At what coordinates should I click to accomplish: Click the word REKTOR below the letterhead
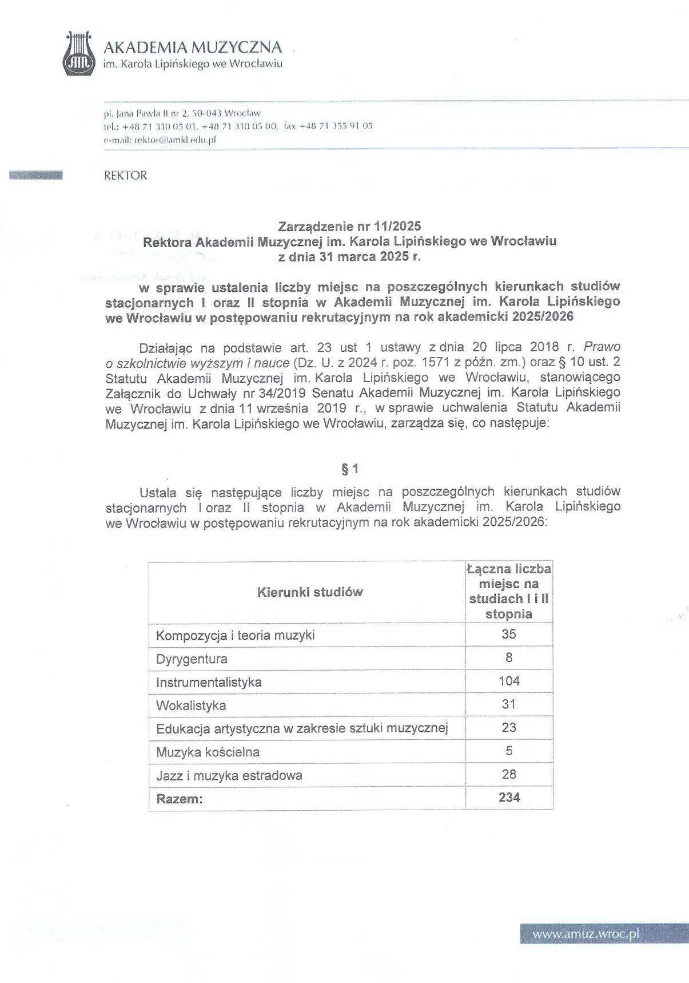coord(125,176)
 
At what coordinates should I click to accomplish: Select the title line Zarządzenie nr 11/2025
coord(349,227)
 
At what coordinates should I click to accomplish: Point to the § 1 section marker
coord(349,469)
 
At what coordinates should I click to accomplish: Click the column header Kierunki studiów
coord(310,592)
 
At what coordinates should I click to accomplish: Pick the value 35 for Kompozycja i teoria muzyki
coord(509,634)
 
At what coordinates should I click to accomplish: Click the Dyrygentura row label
coord(192,659)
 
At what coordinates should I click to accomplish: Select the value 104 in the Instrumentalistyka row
coord(509,681)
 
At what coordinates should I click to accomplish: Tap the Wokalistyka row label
coord(191,705)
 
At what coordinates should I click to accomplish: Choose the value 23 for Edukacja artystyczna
coord(509,727)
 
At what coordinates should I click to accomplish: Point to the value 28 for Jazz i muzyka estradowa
coord(509,774)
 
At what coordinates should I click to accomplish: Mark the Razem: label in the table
coord(180,799)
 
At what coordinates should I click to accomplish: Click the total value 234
coord(509,798)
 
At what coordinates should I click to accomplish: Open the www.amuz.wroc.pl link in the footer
coord(586,935)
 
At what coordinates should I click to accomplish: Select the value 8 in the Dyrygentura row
coord(509,657)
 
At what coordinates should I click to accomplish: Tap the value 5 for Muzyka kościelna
coord(509,751)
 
